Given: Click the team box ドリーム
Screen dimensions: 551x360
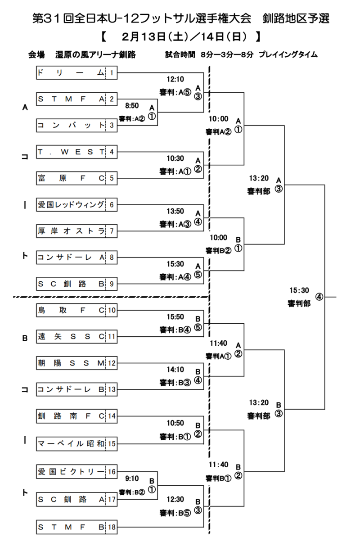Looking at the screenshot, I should pyautogui.click(x=71, y=72).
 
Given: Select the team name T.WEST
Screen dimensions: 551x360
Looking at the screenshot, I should pyautogui.click(x=71, y=152).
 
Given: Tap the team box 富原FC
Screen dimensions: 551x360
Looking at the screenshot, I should pyautogui.click(x=71, y=178).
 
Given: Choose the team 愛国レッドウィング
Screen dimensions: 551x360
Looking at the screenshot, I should pyautogui.click(x=71, y=205).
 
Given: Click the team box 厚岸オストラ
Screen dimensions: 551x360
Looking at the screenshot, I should pyautogui.click(x=71, y=231).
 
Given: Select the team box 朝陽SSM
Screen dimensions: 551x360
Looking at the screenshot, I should pyautogui.click(x=71, y=363).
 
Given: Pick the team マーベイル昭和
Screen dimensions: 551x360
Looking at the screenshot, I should pyautogui.click(x=71, y=444).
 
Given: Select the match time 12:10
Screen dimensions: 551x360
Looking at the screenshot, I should pyautogui.click(x=175, y=79).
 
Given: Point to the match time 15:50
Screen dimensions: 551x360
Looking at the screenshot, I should pyautogui.click(x=175, y=317).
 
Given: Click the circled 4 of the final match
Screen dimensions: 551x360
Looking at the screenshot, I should pyautogui.click(x=319, y=297).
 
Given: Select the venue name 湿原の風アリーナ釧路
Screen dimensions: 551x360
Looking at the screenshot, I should pyautogui.click(x=96, y=55).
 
